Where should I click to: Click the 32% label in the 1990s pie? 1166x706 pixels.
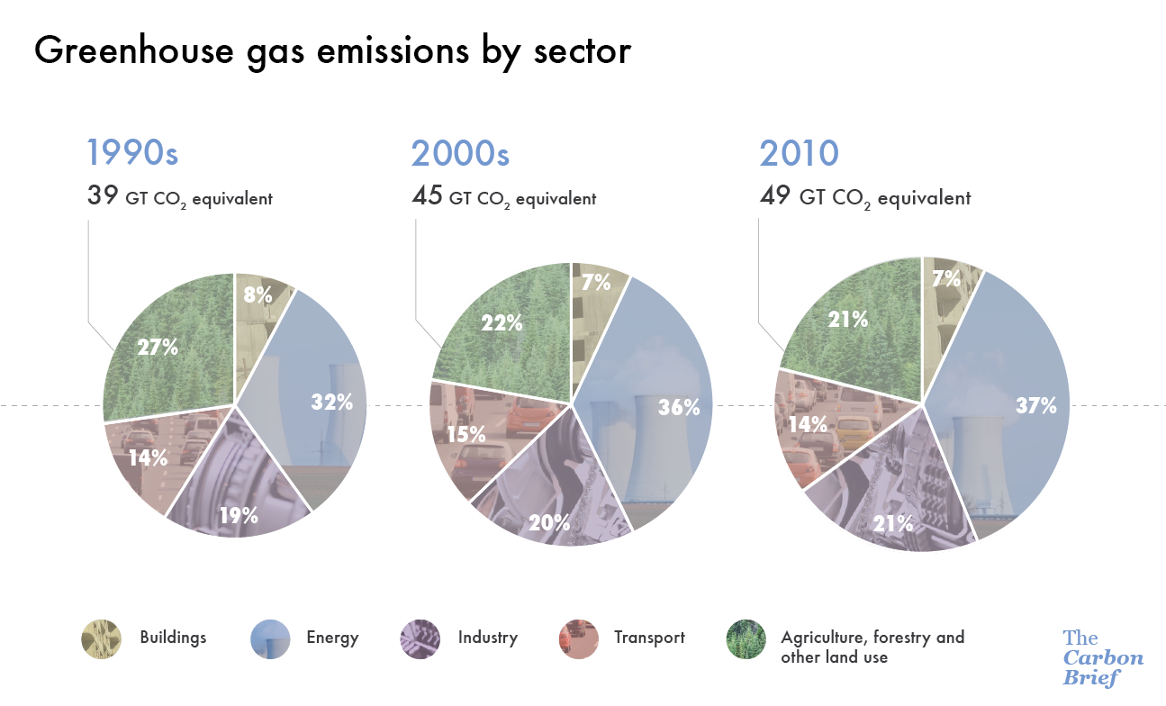(331, 403)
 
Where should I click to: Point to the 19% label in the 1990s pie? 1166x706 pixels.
(240, 515)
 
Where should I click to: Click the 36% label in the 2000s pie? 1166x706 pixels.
(680, 407)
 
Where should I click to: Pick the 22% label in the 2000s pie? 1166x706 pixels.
(502, 322)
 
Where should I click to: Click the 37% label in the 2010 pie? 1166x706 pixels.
(1035, 406)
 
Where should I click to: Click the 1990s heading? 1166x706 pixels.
(132, 153)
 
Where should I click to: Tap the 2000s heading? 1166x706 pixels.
(460, 154)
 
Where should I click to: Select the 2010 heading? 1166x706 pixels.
(799, 154)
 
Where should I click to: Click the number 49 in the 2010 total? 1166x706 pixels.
(775, 195)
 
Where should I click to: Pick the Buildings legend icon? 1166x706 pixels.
(100, 638)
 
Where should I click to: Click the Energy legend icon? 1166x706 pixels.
(269, 638)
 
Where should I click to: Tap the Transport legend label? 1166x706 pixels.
(649, 638)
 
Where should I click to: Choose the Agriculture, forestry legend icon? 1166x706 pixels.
(746, 638)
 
